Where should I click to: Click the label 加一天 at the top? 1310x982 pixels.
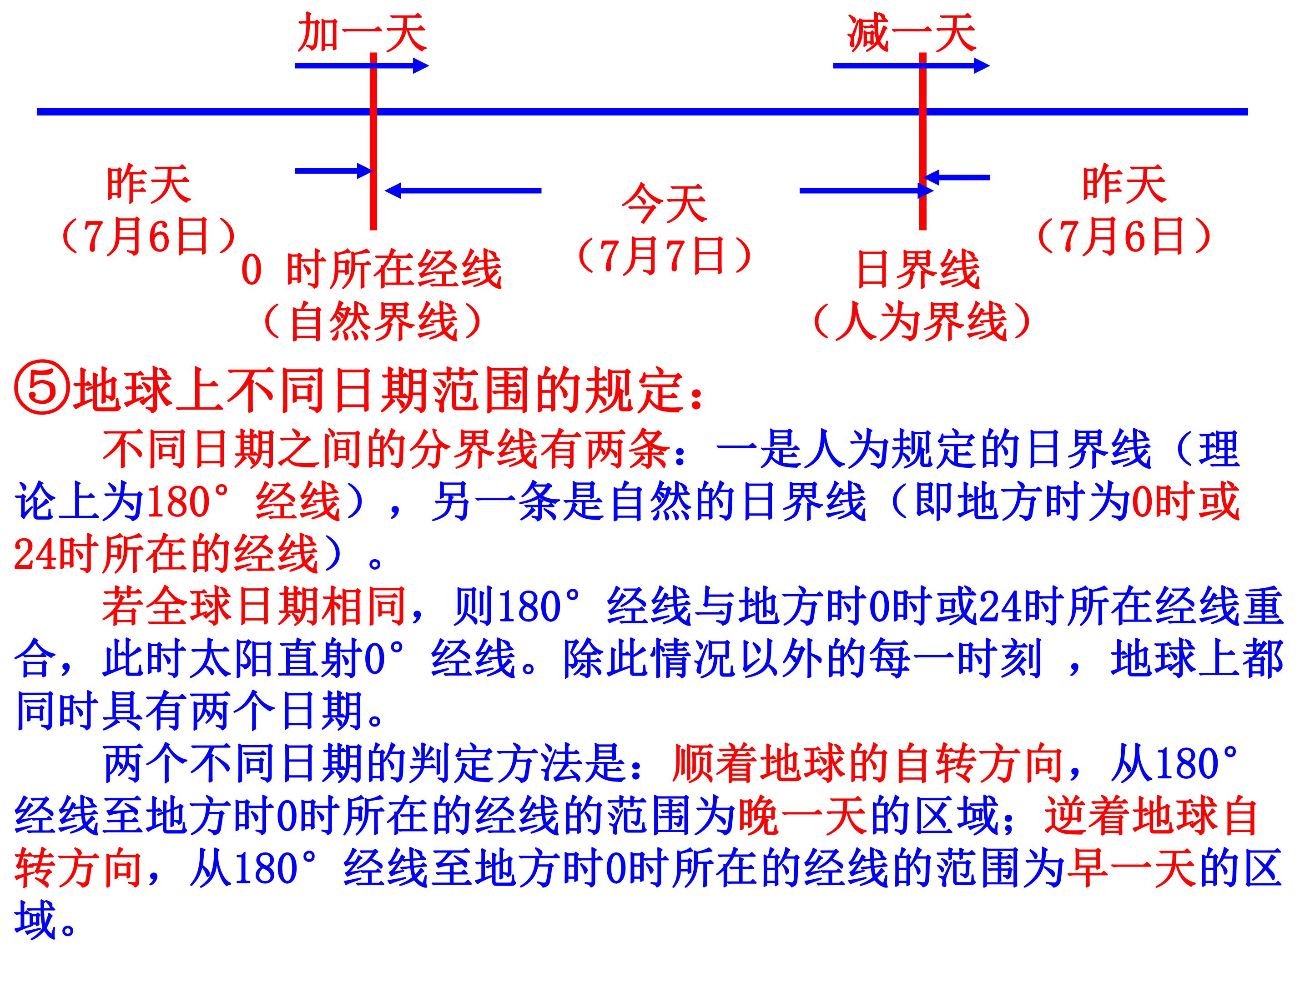(362, 33)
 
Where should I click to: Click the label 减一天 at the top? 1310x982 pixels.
(912, 33)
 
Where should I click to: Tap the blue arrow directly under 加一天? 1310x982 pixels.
(362, 65)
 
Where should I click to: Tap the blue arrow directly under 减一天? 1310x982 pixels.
(912, 65)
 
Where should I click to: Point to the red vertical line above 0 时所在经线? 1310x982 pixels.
(373, 141)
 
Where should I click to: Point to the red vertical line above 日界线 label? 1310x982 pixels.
(922, 141)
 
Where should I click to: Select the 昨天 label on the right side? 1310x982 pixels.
(1124, 185)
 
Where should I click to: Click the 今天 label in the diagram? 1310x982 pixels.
(665, 203)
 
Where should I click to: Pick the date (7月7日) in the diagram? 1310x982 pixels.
(665, 256)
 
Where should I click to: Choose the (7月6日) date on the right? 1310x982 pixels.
(1124, 235)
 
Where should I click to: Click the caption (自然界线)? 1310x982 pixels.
(373, 322)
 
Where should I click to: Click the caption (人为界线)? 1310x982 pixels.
(921, 322)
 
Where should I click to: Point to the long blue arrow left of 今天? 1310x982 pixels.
(463, 190)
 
